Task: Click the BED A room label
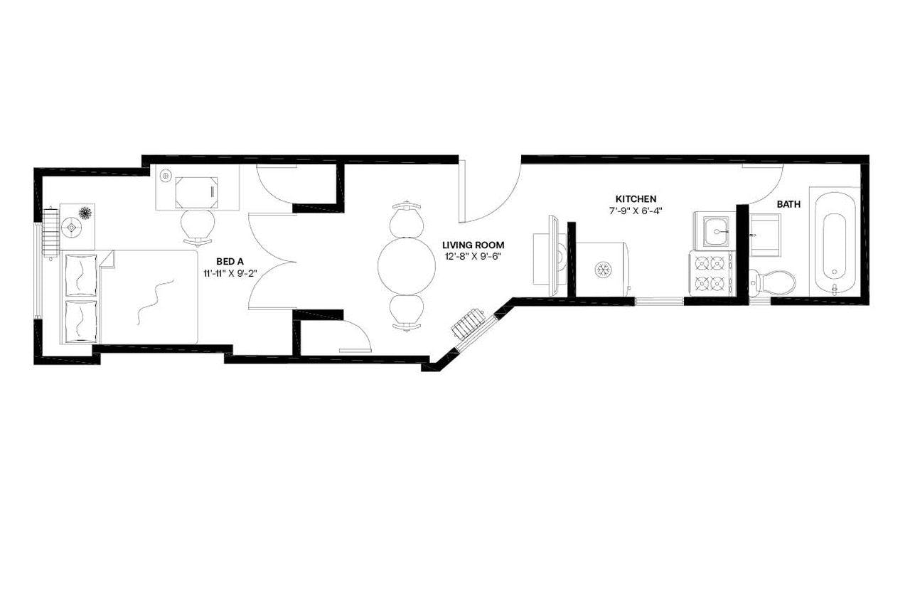[230, 261]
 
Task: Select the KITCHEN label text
[636, 198]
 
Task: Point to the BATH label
[788, 204]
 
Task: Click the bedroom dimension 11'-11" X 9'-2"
[230, 272]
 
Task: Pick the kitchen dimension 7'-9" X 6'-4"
[636, 211]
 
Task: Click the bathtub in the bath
[834, 242]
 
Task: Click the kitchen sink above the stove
[714, 230]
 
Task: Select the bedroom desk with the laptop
[197, 190]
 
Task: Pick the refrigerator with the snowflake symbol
[603, 268]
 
